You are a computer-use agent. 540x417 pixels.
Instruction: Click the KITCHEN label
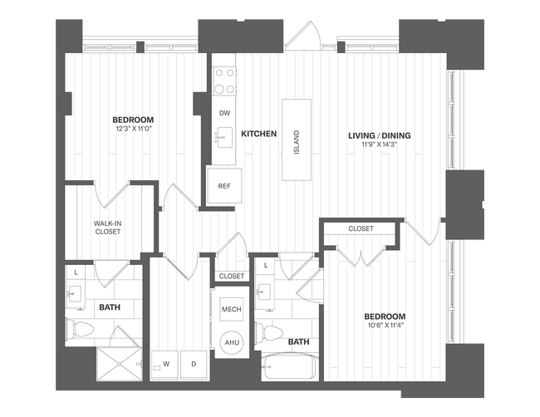click(x=258, y=133)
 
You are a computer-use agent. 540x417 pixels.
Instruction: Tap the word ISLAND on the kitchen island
click(x=296, y=140)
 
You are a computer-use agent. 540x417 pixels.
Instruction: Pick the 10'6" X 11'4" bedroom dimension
click(x=384, y=326)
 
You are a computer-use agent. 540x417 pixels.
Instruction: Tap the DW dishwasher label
click(x=224, y=113)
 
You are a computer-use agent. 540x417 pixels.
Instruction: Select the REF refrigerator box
click(x=223, y=185)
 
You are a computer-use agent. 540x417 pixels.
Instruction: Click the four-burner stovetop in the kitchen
click(x=224, y=80)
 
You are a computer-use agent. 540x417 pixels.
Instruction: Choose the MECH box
click(x=231, y=309)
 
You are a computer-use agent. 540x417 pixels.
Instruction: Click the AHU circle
click(x=231, y=342)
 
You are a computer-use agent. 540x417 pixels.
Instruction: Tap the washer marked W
click(x=165, y=364)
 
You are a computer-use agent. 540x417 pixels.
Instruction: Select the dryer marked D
click(x=194, y=364)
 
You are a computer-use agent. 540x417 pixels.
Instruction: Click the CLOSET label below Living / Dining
click(x=361, y=228)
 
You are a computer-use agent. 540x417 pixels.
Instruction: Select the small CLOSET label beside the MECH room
click(x=232, y=276)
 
